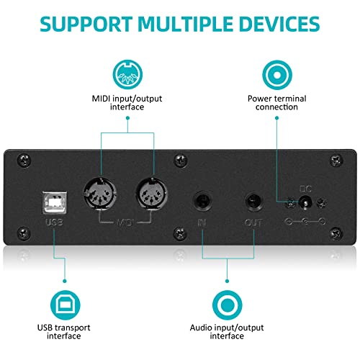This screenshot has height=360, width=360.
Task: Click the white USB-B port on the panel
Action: click(55, 203)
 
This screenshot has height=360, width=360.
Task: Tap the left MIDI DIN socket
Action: click(100, 194)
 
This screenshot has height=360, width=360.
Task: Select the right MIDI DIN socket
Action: click(152, 194)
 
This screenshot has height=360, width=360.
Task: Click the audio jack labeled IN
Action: click(203, 201)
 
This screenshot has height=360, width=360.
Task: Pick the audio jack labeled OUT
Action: click(254, 201)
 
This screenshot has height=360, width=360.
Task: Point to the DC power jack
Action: click(305, 203)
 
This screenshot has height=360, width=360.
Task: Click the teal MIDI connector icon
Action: click(127, 74)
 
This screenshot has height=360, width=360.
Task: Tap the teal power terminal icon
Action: click(277, 75)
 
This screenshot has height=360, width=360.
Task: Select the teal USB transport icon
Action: click(65, 305)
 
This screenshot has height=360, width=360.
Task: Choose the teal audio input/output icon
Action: click(228, 305)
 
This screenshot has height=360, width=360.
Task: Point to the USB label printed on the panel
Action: click(54, 222)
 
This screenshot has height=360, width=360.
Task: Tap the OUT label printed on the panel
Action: click(253, 223)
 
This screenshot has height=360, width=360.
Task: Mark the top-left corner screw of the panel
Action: click(24, 160)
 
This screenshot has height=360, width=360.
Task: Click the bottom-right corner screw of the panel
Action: click(336, 233)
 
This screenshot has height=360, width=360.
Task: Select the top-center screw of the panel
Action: click(180, 160)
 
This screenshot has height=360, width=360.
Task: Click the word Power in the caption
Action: click(260, 99)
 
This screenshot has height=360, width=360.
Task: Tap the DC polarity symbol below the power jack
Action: click(305, 221)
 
